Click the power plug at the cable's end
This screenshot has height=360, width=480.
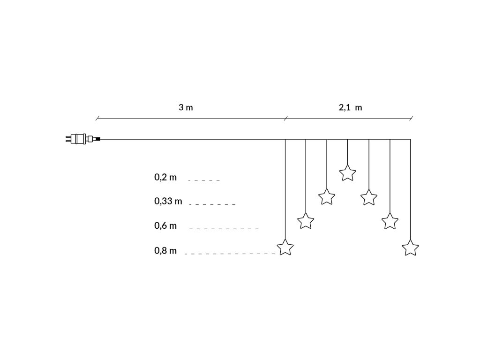[x=80, y=139]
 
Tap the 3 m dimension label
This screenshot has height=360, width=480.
[x=186, y=107]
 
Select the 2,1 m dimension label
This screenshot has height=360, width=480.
[x=350, y=107]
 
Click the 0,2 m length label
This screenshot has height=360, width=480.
[x=165, y=177]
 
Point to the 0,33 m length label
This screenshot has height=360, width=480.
[x=168, y=202]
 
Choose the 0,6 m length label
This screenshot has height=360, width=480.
[x=165, y=226]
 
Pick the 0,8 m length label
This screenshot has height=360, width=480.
[x=165, y=251]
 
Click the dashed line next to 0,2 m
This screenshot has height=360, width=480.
[x=203, y=180]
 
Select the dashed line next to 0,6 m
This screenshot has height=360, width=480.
[x=224, y=229]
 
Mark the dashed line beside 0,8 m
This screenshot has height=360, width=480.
[x=230, y=254]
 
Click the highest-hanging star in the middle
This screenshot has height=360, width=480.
[x=347, y=173]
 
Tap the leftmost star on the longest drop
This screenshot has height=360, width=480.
[x=285, y=247]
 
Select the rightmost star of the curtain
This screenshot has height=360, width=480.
[x=411, y=247]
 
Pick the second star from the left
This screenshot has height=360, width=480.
[x=306, y=220]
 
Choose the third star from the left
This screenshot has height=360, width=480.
[x=327, y=196]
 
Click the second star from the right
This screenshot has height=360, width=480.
[x=390, y=221]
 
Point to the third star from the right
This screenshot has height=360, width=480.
[x=369, y=197]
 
